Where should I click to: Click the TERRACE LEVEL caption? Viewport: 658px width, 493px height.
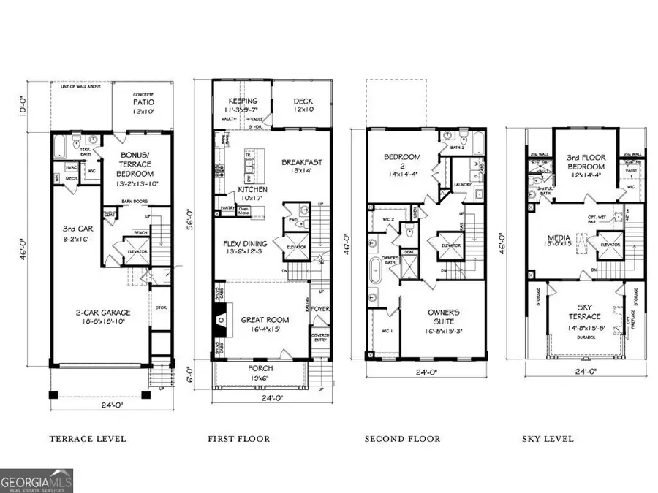[x=87, y=439]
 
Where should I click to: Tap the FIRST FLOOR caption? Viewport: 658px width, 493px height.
[x=239, y=439]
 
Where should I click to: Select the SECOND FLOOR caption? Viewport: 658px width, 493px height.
[x=403, y=439]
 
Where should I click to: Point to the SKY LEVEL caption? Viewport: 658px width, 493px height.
[x=548, y=439]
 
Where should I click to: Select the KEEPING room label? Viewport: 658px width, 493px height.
[x=243, y=102]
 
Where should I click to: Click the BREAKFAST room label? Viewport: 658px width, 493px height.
[x=303, y=162]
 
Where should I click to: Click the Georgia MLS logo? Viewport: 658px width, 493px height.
[x=37, y=482]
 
